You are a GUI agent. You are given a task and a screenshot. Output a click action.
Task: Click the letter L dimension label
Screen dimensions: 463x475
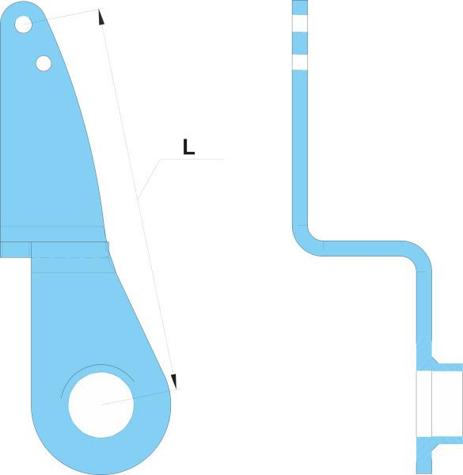[188, 147]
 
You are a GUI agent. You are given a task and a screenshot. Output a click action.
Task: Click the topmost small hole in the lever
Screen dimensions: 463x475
[23, 25]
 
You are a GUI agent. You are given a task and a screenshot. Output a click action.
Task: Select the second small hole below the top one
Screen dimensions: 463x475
[44, 63]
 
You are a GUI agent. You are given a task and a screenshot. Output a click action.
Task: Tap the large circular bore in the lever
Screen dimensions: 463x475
[101, 405]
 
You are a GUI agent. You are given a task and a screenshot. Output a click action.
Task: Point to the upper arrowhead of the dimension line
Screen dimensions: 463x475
[101, 17]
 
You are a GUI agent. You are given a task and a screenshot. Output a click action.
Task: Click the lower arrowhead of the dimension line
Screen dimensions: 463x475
[173, 382]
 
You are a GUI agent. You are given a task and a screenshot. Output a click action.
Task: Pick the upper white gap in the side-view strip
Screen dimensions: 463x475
[300, 23]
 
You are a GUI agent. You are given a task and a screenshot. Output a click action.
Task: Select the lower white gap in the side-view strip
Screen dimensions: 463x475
[300, 62]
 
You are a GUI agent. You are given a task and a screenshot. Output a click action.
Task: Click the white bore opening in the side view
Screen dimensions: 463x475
[440, 403]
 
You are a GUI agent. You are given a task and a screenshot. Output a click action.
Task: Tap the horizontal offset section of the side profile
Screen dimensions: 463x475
[362, 249]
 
